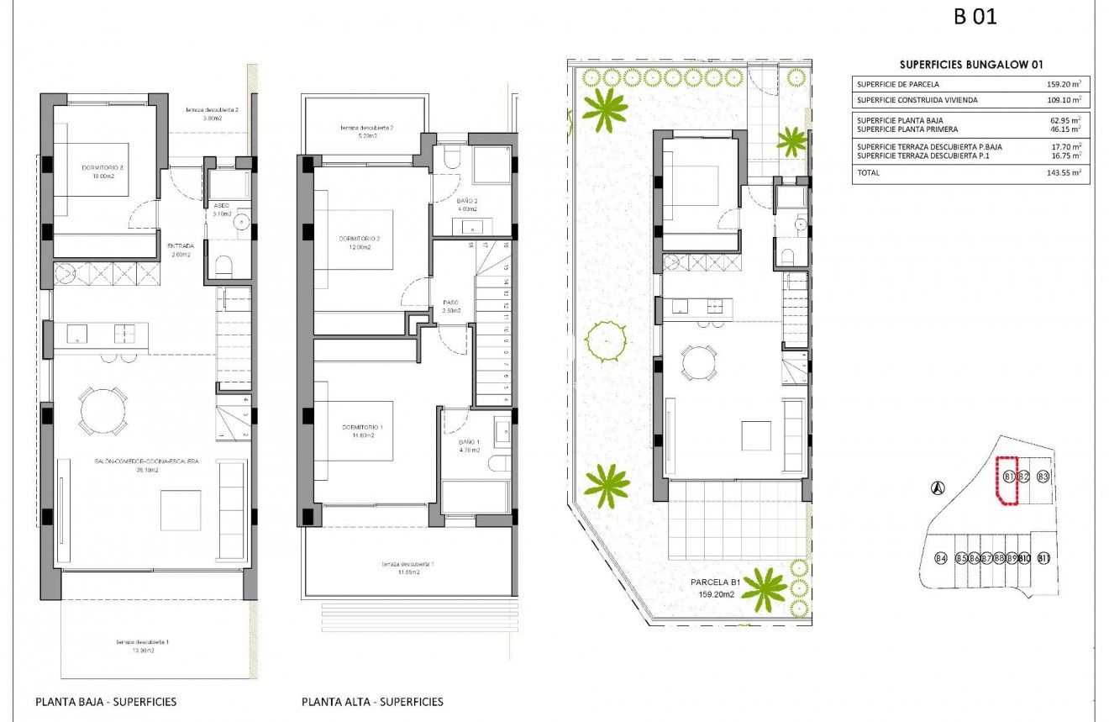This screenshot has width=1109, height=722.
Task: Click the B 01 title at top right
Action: pyautogui.click(x=975, y=17)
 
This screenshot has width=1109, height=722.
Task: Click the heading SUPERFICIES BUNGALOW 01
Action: pyautogui.click(x=971, y=65)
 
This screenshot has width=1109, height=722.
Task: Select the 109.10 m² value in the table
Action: pyautogui.click(x=1063, y=100)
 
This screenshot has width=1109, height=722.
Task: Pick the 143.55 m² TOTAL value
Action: pyautogui.click(x=1063, y=173)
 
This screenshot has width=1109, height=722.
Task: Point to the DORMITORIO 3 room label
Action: pyautogui.click(x=103, y=168)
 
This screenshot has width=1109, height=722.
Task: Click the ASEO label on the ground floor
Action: pyautogui.click(x=222, y=205)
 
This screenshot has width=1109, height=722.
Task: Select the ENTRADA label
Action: pyautogui.click(x=182, y=246)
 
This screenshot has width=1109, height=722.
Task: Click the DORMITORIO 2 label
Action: pyautogui.click(x=360, y=239)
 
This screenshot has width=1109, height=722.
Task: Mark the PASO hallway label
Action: pyautogui.click(x=450, y=303)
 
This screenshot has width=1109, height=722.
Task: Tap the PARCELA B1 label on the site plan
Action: pyautogui.click(x=715, y=582)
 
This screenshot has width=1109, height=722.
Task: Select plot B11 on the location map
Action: pyautogui.click(x=1043, y=559)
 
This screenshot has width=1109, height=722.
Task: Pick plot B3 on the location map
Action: pyautogui.click(x=1043, y=477)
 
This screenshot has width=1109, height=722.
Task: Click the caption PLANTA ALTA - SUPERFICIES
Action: pyautogui.click(x=372, y=702)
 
